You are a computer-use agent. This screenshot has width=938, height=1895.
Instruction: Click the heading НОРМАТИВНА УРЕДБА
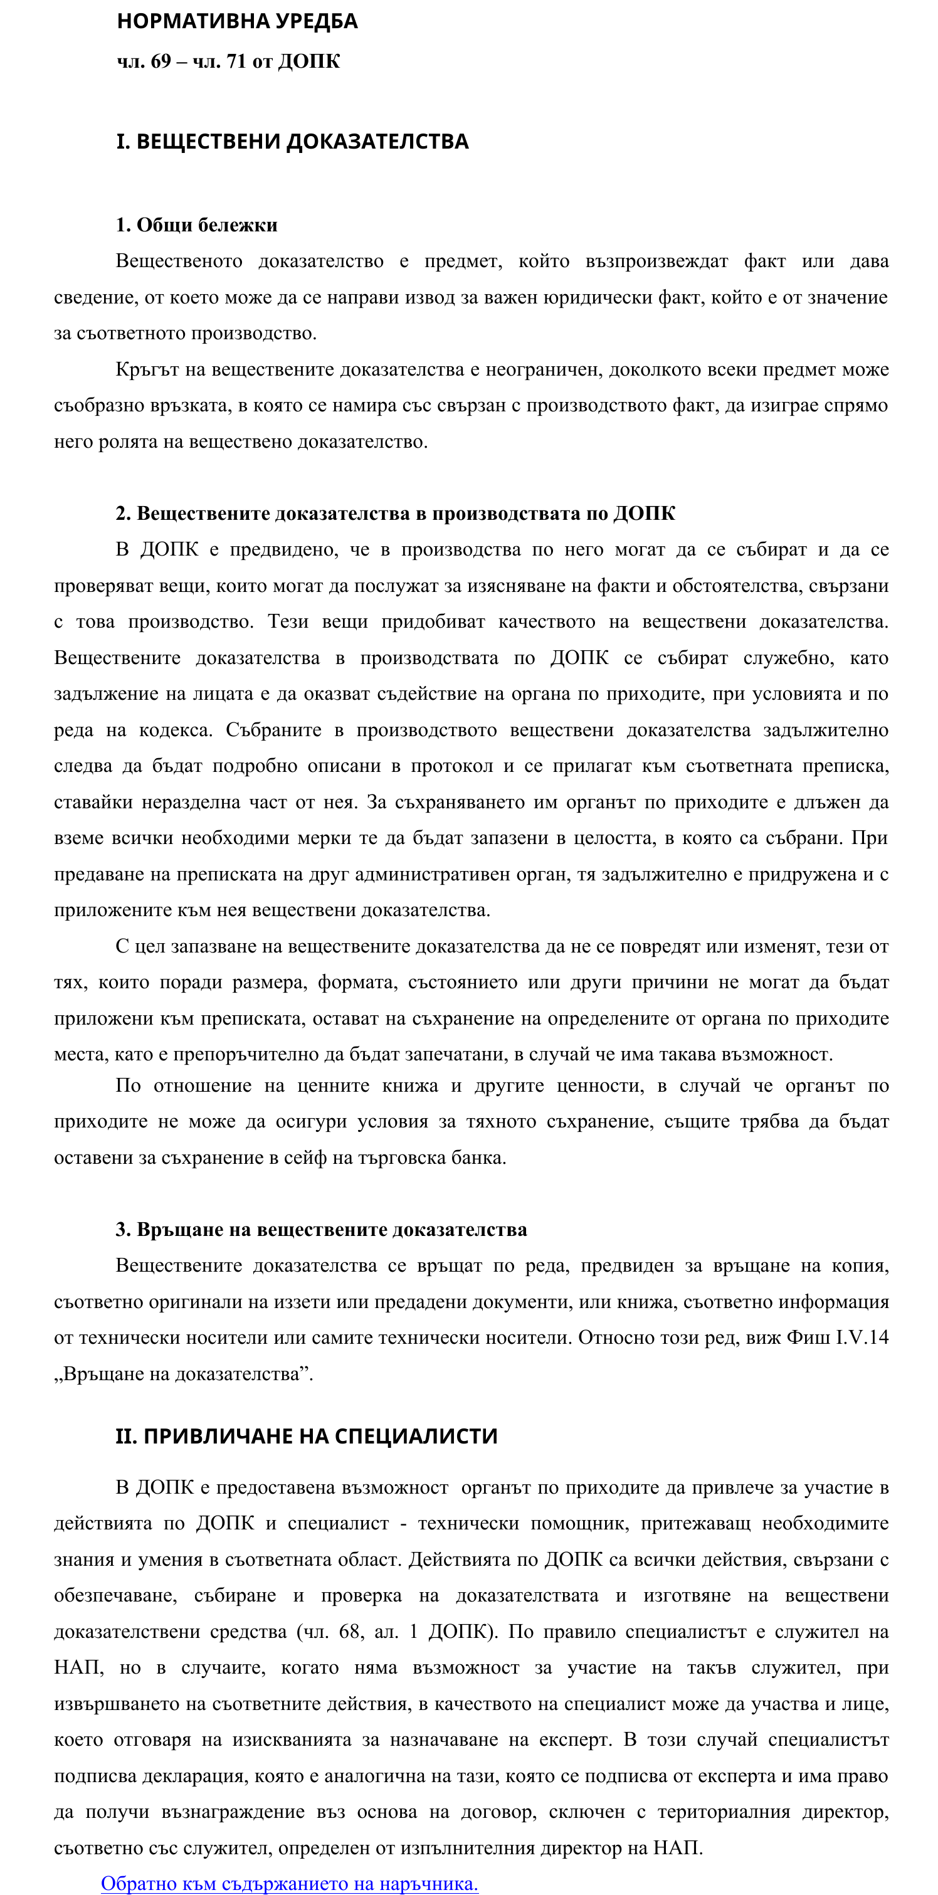[237, 21]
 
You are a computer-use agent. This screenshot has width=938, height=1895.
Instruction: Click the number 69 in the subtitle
[161, 61]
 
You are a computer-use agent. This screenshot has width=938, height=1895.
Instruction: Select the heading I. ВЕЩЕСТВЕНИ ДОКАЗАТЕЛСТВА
[292, 141]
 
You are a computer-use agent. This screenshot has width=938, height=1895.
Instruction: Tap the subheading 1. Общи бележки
[196, 225]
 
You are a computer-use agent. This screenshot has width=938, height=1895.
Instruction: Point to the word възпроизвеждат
[656, 261]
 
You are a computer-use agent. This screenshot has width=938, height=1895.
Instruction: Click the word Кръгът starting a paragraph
[147, 369]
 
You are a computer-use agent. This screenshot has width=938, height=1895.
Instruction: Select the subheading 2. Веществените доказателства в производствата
[395, 514]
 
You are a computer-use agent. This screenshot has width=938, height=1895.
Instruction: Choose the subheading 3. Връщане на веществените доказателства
[321, 1229]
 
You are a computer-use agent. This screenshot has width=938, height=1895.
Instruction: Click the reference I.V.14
[862, 1337]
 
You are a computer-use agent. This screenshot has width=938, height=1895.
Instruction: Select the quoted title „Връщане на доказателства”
[183, 1373]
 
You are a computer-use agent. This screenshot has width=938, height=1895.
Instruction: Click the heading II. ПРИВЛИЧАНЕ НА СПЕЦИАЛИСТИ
[306, 1436]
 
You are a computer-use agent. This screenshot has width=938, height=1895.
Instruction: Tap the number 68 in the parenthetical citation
[349, 1632]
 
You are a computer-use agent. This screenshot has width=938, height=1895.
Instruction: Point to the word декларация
[194, 1776]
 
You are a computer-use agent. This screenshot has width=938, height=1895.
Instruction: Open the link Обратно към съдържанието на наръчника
[289, 1883]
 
